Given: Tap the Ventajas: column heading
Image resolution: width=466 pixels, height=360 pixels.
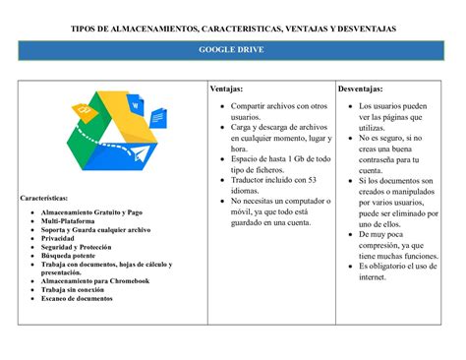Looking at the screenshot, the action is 224,90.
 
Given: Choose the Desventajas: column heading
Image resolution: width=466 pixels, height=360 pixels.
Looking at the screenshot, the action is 363,90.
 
